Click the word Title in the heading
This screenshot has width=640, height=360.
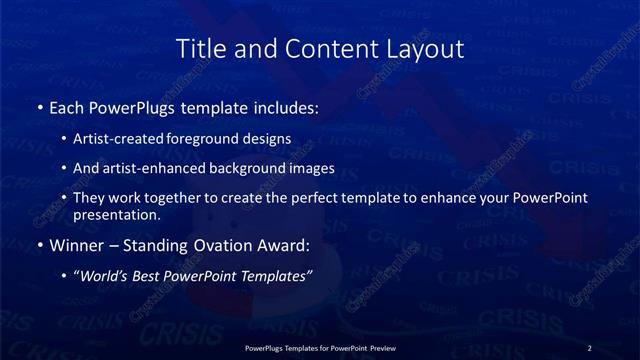pos(200,48)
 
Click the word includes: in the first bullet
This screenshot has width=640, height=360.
pos(283,106)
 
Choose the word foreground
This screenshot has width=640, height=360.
pos(209,139)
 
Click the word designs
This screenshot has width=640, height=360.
pos(269,139)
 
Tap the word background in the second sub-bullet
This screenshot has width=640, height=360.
pos(243,168)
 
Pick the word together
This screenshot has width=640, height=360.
pos(197,198)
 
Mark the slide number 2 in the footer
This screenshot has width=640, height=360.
pos(589,347)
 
